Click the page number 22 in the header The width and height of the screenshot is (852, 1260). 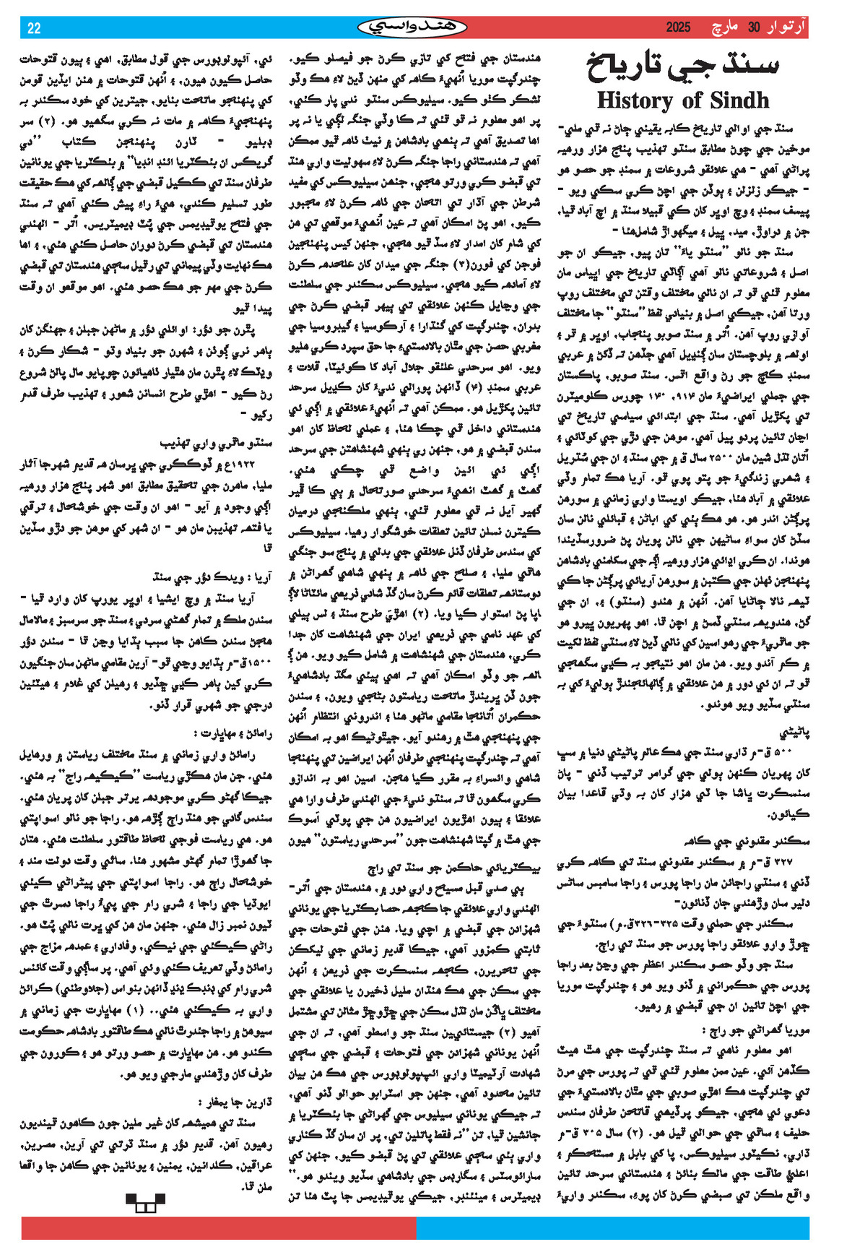coord(34,28)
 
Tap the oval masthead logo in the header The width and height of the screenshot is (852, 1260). coord(412,27)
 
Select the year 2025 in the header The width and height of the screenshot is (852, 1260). coord(678,28)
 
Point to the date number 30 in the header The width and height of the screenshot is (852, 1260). coord(754,28)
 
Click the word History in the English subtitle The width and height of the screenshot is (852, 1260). coord(636,100)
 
